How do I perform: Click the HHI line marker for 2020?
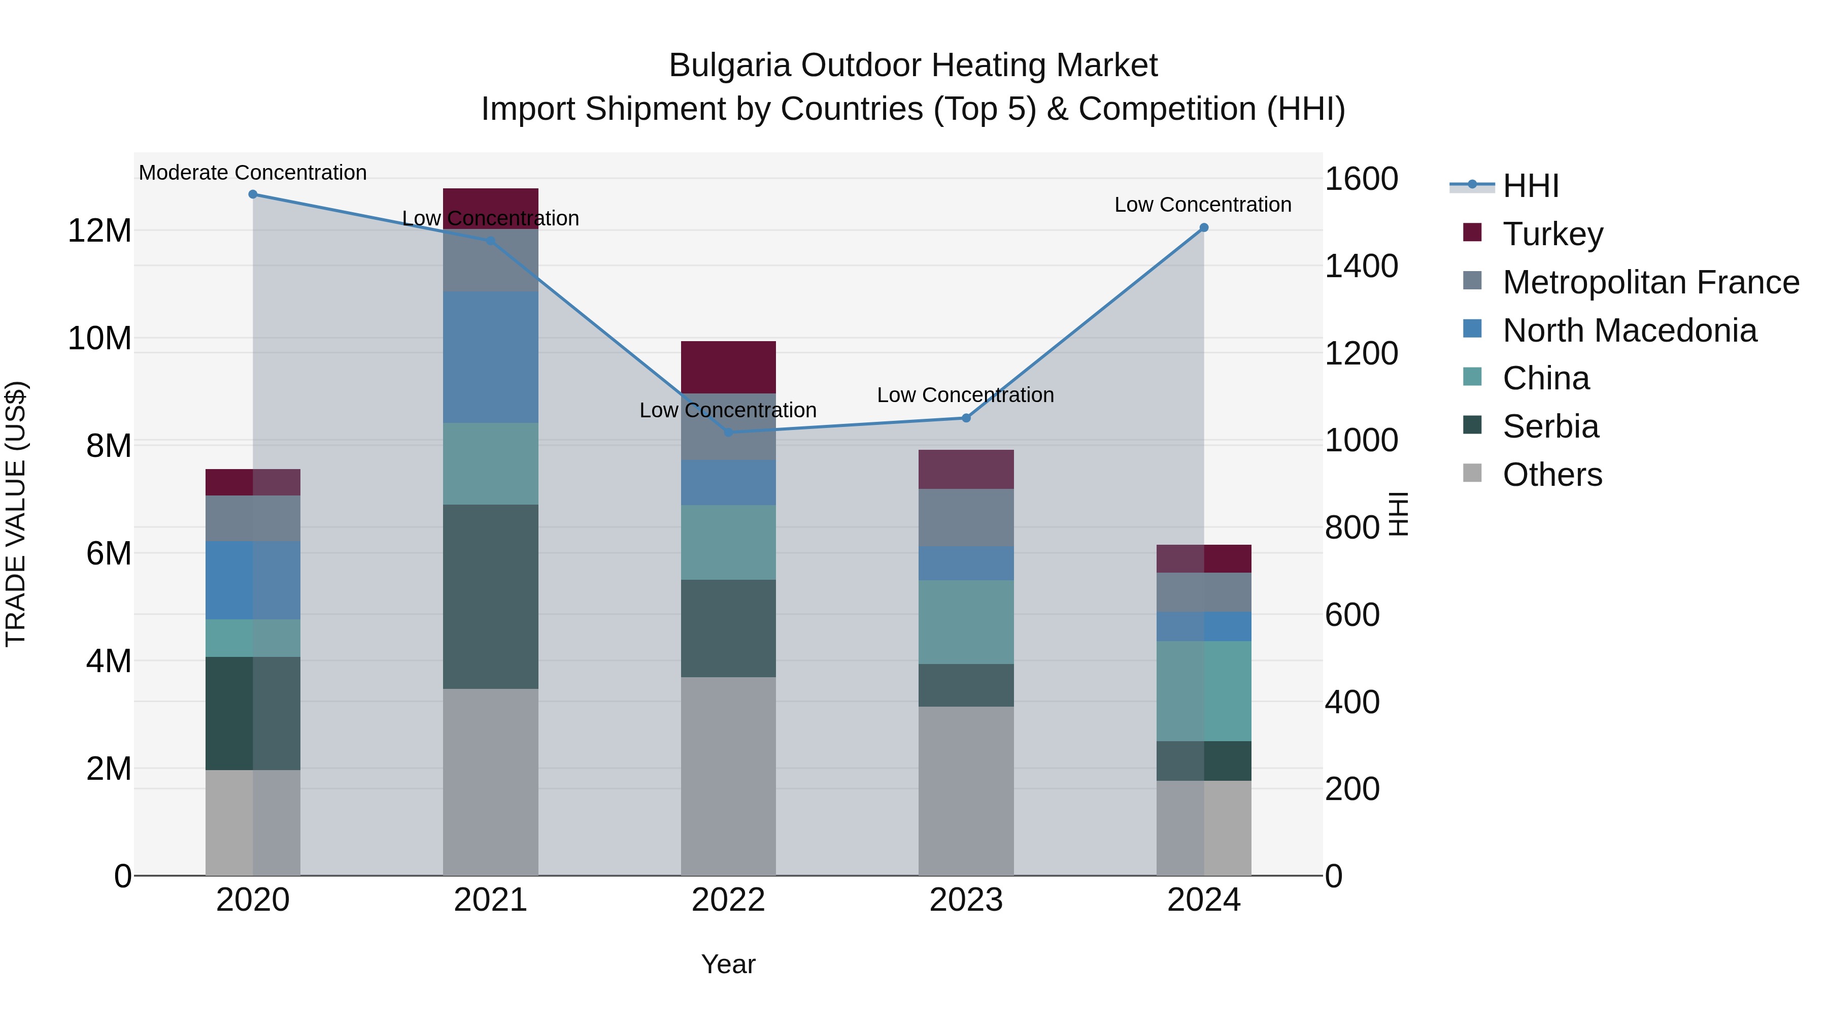(253, 194)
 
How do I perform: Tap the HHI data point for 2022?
(728, 432)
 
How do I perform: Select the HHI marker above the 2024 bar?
(1204, 228)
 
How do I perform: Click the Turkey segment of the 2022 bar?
(728, 367)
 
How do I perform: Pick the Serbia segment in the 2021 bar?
(490, 596)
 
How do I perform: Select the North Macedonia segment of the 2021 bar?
(490, 357)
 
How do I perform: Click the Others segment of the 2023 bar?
(966, 790)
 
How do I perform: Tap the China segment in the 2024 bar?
(1204, 691)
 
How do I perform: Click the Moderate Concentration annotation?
(253, 173)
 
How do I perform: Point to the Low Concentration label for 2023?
(965, 394)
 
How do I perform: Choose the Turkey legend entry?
(1552, 234)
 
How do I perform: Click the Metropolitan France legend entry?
(1650, 282)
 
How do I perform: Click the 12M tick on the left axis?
(99, 230)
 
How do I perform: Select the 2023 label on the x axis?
(966, 900)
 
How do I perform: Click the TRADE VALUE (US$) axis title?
(16, 514)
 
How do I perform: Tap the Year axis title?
(728, 964)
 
